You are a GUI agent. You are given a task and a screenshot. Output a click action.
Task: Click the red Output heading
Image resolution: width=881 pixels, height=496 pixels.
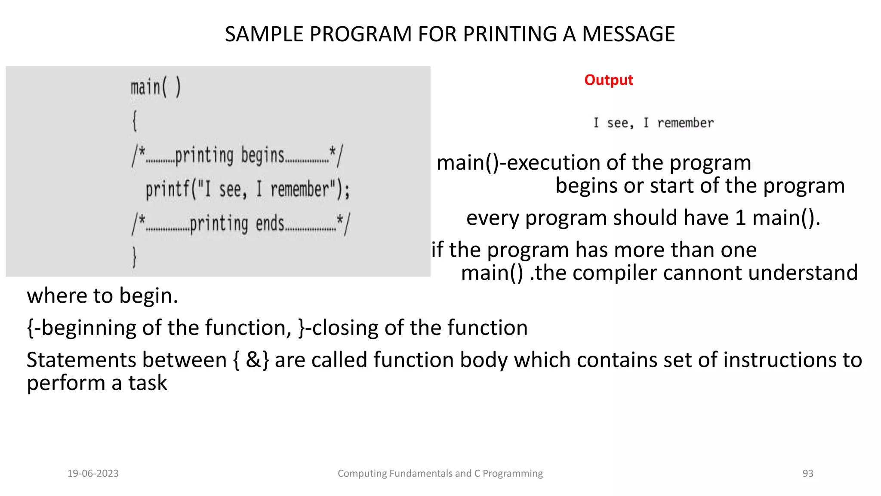tap(608, 80)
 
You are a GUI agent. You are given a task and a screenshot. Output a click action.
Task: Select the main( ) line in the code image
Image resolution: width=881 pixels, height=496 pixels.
tap(156, 88)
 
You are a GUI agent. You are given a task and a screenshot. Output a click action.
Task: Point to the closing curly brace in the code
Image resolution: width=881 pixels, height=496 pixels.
tap(134, 257)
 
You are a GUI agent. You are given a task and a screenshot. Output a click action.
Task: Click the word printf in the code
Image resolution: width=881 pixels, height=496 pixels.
tap(166, 190)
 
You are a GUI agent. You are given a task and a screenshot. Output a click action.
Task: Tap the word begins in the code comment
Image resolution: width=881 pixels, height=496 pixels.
tap(262, 155)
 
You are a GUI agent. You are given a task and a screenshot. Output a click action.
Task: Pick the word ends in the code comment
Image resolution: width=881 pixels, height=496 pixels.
tap(270, 224)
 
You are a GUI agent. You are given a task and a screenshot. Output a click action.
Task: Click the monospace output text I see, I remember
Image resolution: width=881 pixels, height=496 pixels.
tap(653, 123)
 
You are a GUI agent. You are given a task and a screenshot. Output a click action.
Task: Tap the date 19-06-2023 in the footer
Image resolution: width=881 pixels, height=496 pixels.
tap(93, 474)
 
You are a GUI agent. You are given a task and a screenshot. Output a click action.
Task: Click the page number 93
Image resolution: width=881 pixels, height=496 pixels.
tap(807, 474)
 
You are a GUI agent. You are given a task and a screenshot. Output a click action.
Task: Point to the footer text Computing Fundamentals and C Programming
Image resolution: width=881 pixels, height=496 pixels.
tap(440, 474)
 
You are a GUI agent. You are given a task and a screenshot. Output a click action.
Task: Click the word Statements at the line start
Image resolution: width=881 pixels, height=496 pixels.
tap(83, 360)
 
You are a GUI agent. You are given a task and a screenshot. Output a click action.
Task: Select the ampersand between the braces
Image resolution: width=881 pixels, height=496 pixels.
tap(253, 360)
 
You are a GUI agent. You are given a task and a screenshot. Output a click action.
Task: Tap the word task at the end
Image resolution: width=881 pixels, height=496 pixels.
tap(148, 383)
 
